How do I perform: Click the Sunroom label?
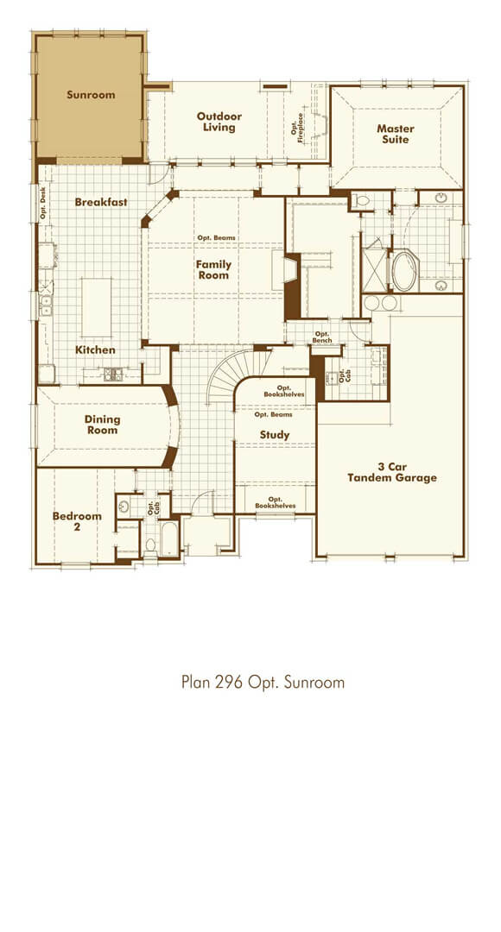click(x=91, y=95)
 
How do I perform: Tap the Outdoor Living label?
click(x=219, y=122)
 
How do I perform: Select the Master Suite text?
click(x=395, y=134)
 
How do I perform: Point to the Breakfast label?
click(x=101, y=202)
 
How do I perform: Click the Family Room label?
click(x=212, y=269)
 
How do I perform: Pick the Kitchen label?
click(x=95, y=350)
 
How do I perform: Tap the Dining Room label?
click(x=102, y=425)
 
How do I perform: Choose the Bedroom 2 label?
click(x=77, y=521)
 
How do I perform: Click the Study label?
click(x=275, y=435)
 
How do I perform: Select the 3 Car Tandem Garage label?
click(x=391, y=472)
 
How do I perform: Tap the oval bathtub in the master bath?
click(x=403, y=271)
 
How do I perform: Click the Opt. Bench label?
click(x=322, y=338)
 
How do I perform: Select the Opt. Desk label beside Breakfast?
click(x=43, y=204)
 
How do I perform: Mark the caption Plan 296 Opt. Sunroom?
click(x=263, y=683)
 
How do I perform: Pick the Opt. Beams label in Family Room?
click(x=216, y=238)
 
